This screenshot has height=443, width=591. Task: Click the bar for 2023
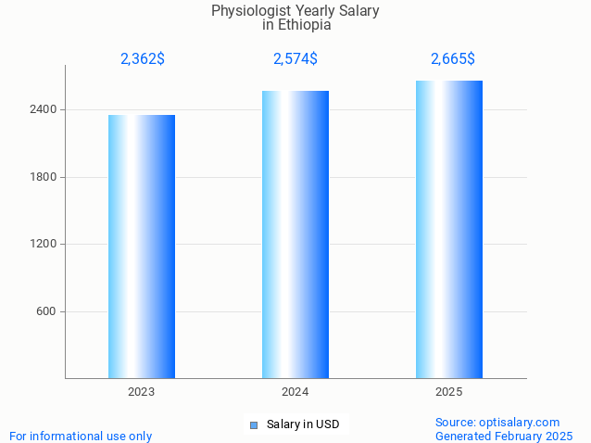pyautogui.click(x=142, y=246)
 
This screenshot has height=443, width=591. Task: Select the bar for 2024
pyautogui.click(x=295, y=234)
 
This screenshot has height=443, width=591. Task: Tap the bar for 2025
pyautogui.click(x=449, y=229)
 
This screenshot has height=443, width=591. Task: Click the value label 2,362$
pyautogui.click(x=143, y=59)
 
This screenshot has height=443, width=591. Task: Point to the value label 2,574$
pyautogui.click(x=295, y=59)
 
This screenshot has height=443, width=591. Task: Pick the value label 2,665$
pyautogui.click(x=453, y=59)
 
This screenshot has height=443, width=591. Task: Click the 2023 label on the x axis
pyautogui.click(x=142, y=392)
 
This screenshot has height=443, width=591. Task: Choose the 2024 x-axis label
pyautogui.click(x=295, y=392)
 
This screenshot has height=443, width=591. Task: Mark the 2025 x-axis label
pyautogui.click(x=449, y=392)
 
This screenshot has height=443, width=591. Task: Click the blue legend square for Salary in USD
pyautogui.click(x=253, y=425)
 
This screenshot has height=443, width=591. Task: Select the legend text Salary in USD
pyautogui.click(x=303, y=424)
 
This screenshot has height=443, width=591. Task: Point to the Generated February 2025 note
pyautogui.click(x=504, y=436)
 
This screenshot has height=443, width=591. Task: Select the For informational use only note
pyautogui.click(x=81, y=436)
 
